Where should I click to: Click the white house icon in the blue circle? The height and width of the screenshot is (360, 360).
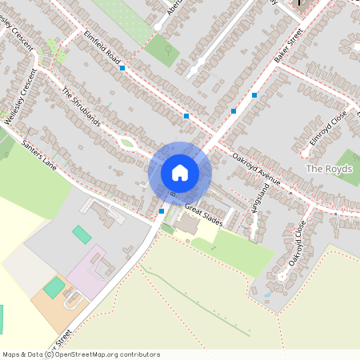point(180,172)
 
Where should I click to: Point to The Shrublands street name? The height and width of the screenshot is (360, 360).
point(81,106)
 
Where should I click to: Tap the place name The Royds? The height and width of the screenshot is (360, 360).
point(325,170)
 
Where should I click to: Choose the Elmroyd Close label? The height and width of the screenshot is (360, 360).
point(329,129)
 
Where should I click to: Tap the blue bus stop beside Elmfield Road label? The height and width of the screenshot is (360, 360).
point(122,69)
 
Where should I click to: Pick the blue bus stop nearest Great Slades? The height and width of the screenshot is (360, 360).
point(162,210)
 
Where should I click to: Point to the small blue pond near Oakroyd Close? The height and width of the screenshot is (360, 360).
point(266,295)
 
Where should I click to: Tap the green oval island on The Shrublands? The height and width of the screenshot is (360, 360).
point(126,144)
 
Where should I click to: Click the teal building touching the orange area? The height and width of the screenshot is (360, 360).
point(54,287)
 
